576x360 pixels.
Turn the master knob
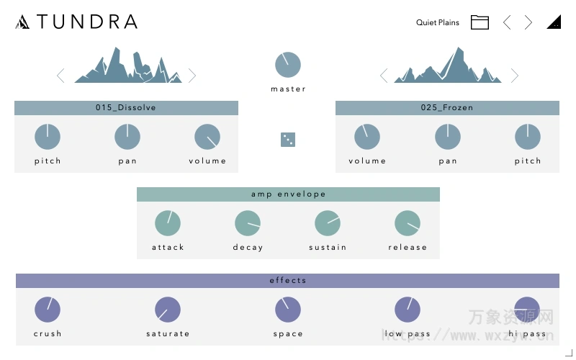click(x=288, y=65)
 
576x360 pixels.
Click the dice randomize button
click(x=288, y=140)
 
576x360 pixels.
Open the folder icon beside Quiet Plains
click(x=480, y=22)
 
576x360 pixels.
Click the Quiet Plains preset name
click(x=437, y=22)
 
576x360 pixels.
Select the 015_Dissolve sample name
click(x=126, y=108)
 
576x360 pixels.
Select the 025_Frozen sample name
click(x=447, y=108)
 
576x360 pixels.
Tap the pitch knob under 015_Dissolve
click(x=48, y=137)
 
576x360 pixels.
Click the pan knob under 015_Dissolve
click(x=127, y=137)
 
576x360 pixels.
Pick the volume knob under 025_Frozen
click(x=367, y=137)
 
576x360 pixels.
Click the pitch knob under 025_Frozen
click(x=528, y=137)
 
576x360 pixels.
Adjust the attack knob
click(x=168, y=223)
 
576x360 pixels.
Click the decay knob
click(x=248, y=223)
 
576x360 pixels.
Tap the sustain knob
click(x=328, y=223)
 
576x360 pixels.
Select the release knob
click(x=408, y=223)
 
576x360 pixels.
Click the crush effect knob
click(x=48, y=310)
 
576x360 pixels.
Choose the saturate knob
click(x=168, y=310)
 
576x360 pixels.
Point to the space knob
click(x=288, y=310)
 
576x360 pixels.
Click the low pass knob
click(x=408, y=310)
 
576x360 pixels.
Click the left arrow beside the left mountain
click(x=60, y=76)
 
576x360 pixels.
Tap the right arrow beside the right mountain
click(x=515, y=76)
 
